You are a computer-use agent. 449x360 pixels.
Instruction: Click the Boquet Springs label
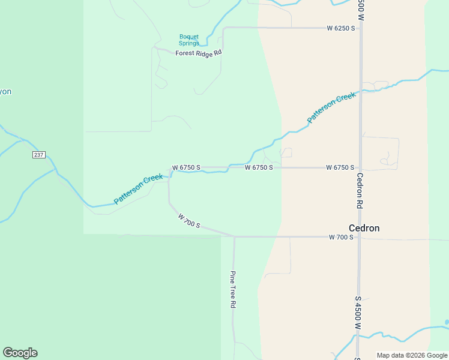pyautogui.click(x=189, y=40)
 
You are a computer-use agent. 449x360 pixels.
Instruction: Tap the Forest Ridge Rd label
pyautogui.click(x=199, y=53)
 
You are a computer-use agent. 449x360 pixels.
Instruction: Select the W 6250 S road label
pyautogui.click(x=340, y=28)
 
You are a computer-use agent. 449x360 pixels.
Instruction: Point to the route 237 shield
pyautogui.click(x=39, y=155)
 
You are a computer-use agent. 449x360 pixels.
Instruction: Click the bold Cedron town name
pyautogui.click(x=364, y=228)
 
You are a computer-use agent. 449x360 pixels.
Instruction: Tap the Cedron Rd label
pyautogui.click(x=360, y=191)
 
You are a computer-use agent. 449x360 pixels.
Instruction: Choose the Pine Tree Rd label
pyautogui.click(x=233, y=289)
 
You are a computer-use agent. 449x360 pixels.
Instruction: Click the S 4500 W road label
pyautogui.click(x=358, y=312)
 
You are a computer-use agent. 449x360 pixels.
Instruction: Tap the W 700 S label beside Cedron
pyautogui.click(x=342, y=238)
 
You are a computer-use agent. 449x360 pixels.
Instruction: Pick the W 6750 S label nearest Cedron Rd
pyautogui.click(x=340, y=167)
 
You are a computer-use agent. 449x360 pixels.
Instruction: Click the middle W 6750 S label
pyautogui.click(x=259, y=167)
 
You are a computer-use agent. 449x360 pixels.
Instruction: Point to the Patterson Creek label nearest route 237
pyautogui.click(x=139, y=188)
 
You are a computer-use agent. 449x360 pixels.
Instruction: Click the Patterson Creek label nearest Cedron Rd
pyautogui.click(x=331, y=107)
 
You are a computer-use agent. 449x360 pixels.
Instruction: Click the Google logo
pyautogui.click(x=20, y=353)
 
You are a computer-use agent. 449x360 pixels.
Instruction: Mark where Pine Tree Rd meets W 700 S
pyautogui.click(x=234, y=236)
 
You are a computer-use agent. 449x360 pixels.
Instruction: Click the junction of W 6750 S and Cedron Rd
pyautogui.click(x=361, y=167)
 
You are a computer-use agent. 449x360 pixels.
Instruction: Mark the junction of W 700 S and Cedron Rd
pyautogui.click(x=360, y=238)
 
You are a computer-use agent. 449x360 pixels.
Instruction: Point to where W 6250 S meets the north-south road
pyautogui.click(x=361, y=28)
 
